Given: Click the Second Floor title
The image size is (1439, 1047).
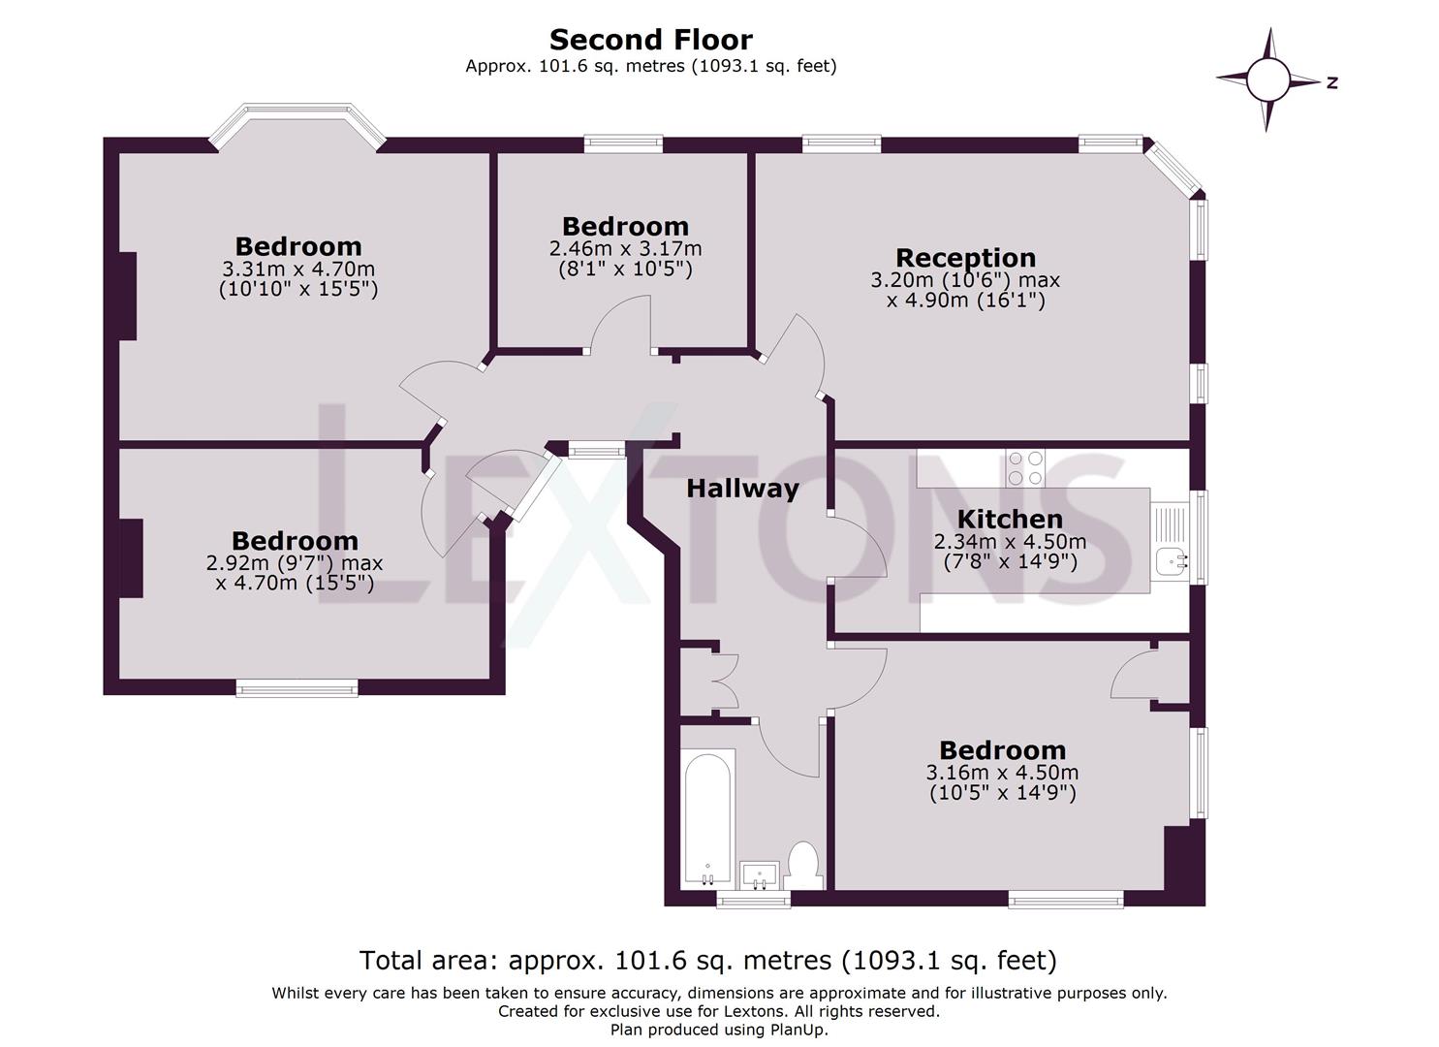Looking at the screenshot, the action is click(651, 40).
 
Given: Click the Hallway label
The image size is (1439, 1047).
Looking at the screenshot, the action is click(742, 489).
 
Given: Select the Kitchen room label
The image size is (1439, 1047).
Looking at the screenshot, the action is click(1010, 519).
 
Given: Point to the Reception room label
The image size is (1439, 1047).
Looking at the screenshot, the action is click(965, 258).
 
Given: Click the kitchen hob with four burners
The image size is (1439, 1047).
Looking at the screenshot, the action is click(1026, 468).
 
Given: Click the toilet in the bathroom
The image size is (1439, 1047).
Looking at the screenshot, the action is click(803, 865).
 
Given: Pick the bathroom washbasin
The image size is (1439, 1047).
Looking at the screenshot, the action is click(760, 875).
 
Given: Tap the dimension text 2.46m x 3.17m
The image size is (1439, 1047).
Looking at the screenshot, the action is click(625, 249).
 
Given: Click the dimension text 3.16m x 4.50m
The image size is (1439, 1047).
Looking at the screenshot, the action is click(1002, 773).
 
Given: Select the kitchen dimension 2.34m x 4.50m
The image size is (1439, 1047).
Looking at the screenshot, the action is click(1010, 542).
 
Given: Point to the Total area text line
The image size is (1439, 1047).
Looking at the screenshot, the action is click(708, 960).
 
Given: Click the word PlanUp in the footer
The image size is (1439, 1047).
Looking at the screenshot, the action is click(798, 1031).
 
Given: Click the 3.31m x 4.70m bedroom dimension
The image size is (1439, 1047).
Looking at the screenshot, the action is click(298, 269).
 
